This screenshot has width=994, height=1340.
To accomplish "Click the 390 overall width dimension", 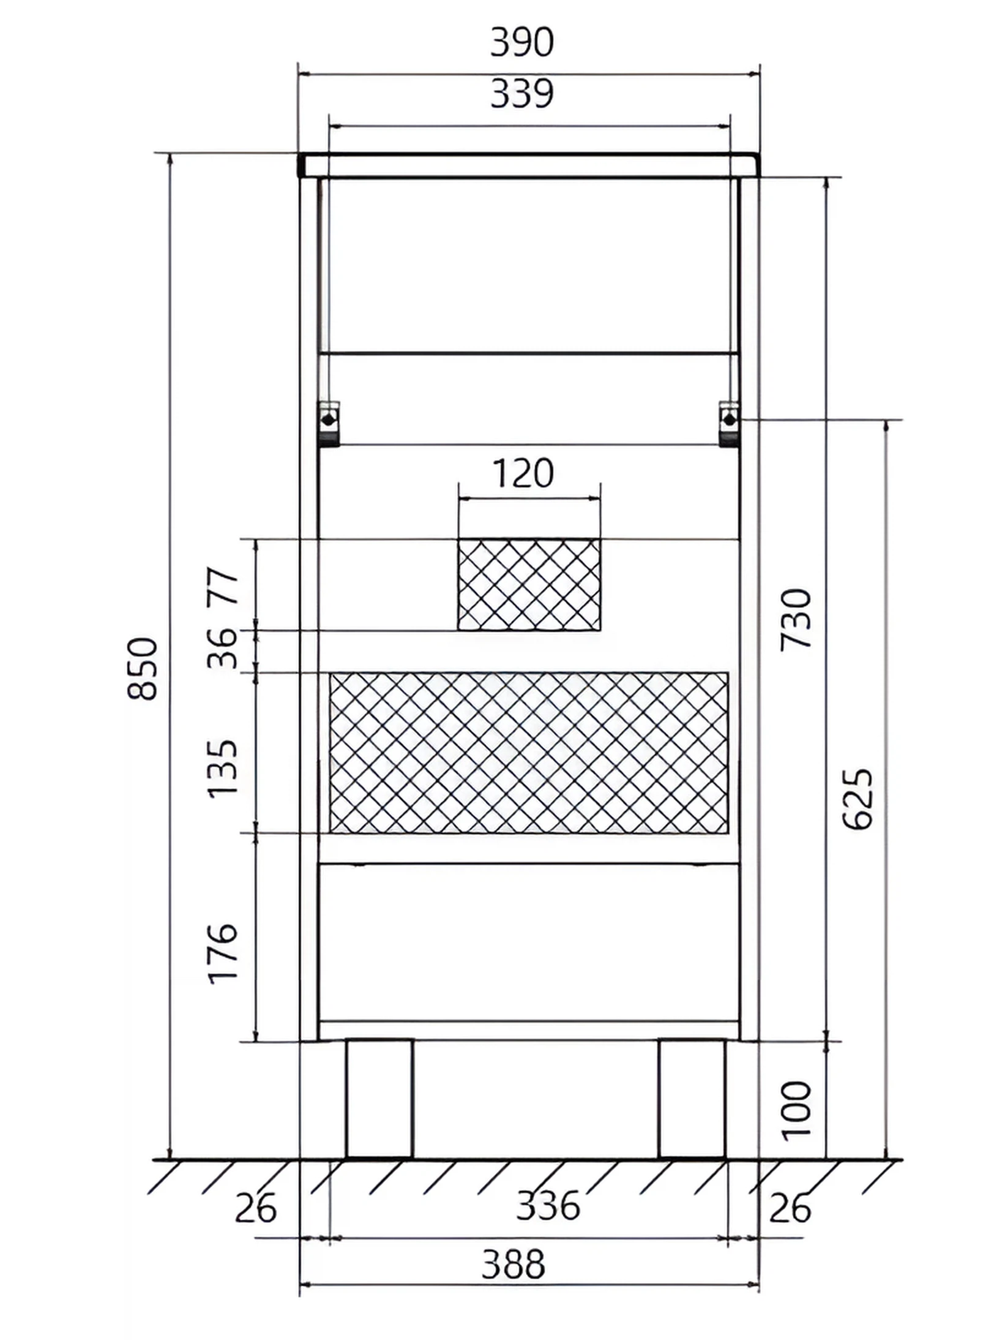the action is click(522, 42).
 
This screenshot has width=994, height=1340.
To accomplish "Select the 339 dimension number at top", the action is click(522, 94).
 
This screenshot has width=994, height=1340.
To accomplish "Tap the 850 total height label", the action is click(143, 669).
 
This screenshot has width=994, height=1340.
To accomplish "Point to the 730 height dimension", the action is click(796, 619).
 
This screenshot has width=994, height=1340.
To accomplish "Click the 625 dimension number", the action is click(858, 799).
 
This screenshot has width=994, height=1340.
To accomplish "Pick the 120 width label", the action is click(523, 473).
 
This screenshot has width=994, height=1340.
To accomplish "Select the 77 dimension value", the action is click(222, 586).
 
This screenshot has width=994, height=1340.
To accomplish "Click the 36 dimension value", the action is click(222, 648).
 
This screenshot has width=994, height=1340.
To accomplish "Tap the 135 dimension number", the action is click(222, 769).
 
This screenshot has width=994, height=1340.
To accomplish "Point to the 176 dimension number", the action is click(222, 954).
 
